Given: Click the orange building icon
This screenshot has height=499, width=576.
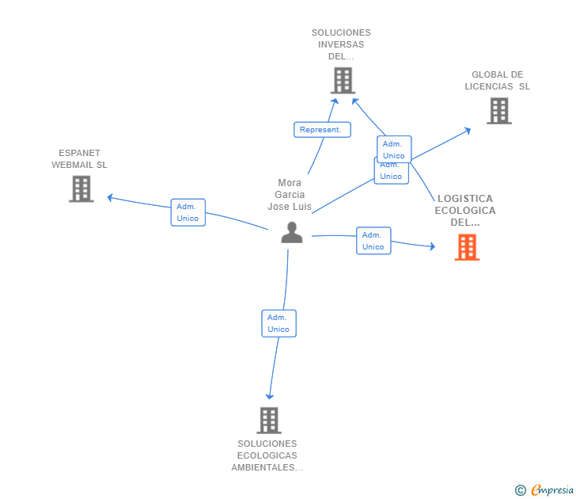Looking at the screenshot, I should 467,247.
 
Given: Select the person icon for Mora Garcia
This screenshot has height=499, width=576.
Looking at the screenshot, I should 292,233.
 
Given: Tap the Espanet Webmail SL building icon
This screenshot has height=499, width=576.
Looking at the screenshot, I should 81,189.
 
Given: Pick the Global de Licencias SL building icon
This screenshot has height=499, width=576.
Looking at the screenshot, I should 498,111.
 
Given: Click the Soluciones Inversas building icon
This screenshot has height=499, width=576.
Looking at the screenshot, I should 342,80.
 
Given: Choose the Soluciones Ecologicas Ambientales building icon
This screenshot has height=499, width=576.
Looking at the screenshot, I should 269,420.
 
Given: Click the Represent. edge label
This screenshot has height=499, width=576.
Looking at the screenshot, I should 321,129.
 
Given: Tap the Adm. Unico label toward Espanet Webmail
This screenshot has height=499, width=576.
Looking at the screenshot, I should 188,212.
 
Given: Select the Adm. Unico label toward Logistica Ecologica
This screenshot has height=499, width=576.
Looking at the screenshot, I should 373,241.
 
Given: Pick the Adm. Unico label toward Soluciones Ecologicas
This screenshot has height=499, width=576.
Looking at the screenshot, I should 279,323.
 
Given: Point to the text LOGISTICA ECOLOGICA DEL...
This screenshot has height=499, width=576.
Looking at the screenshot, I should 465,210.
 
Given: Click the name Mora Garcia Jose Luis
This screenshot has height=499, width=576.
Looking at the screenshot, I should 290,195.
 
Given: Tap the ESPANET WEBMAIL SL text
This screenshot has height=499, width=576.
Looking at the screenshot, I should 79,158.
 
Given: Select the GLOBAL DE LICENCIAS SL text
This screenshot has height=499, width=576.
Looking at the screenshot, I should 497,81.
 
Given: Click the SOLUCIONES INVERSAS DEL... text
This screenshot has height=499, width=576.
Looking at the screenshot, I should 341,44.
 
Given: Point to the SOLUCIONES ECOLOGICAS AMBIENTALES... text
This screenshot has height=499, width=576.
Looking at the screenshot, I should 267,455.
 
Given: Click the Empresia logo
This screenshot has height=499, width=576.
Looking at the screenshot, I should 552,490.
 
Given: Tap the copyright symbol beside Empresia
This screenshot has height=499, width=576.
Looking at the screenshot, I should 521,491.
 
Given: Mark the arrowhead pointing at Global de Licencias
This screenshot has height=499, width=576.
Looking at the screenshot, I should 468,130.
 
